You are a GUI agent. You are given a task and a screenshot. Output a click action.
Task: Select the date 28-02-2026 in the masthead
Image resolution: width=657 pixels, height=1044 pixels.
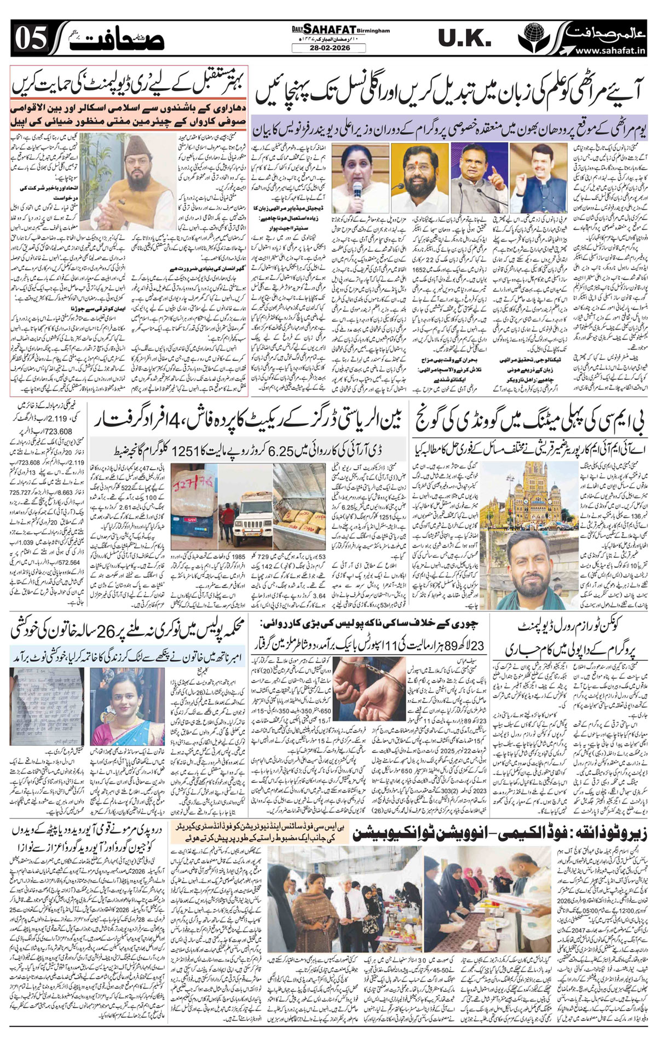[328, 48]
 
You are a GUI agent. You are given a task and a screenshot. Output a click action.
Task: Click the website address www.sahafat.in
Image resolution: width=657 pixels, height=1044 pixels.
[613, 50]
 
